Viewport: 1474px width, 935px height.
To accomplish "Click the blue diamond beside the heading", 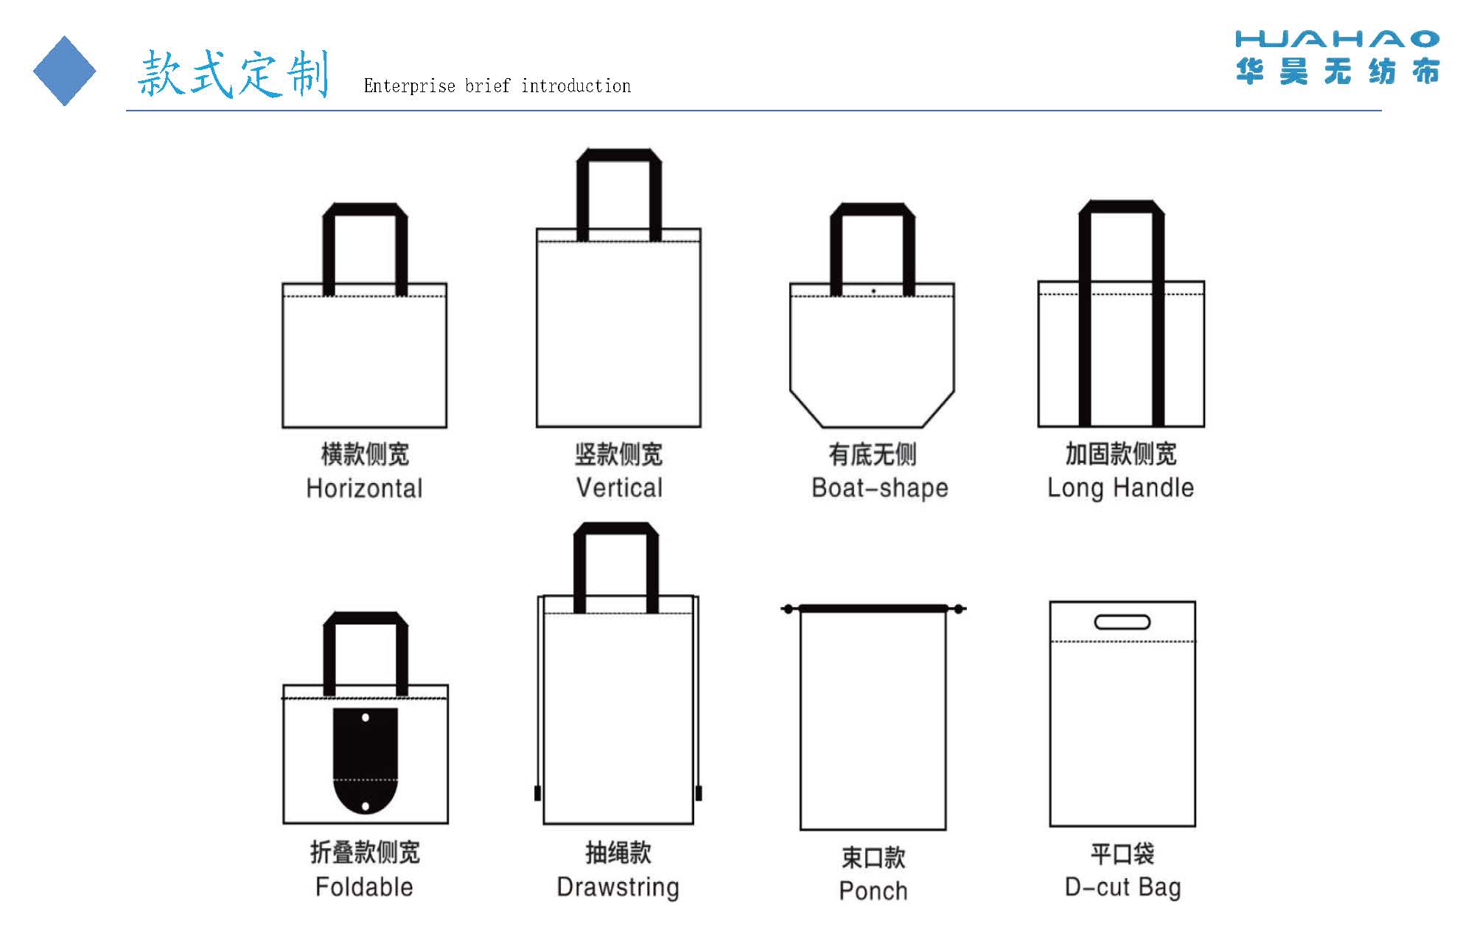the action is coord(65,71).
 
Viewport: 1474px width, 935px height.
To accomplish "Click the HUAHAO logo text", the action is coord(1337,39).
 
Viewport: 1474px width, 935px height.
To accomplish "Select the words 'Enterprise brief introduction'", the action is coord(497,86).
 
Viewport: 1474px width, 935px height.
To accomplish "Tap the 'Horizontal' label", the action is coord(364,488).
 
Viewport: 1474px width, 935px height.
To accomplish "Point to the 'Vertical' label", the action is coord(619,487).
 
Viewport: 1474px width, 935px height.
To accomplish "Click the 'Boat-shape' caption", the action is coord(879,488).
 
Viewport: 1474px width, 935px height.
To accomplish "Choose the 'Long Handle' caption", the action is coord(1120,488).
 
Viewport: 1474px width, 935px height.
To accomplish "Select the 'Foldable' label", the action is coord(364,886).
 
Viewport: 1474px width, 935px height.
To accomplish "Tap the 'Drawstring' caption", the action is coord(618,887).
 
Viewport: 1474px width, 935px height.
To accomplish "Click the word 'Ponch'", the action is coord(873,891).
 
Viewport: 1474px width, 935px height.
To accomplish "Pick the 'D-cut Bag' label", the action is coord(1122,887).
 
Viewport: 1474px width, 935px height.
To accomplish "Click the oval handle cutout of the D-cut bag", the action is coord(1122,622).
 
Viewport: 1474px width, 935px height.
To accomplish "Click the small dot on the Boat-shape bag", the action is coord(873,291).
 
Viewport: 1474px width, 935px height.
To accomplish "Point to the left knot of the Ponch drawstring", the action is coord(789,609).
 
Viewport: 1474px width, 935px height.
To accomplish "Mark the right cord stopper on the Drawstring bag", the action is coord(699,793).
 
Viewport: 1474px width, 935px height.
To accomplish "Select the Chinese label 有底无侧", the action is coord(873,454).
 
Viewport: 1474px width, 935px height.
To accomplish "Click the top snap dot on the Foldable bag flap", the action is coord(366,717).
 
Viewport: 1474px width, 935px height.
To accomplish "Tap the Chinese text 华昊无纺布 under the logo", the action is coord(1338,72).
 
